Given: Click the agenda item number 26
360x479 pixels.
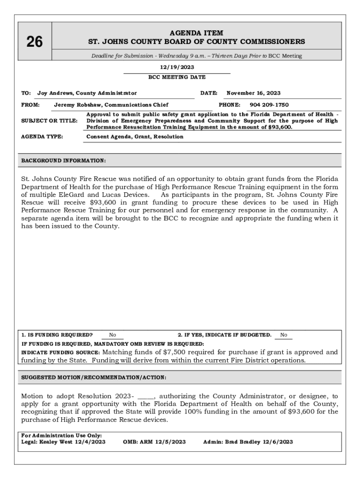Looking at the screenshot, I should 34,43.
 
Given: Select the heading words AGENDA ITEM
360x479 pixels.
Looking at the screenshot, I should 196,33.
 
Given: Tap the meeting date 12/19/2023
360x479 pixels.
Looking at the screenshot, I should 177,67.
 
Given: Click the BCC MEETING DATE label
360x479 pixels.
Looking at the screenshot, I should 177,77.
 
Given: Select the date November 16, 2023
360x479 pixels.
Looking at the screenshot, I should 253,94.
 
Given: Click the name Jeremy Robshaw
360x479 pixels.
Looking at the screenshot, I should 78,105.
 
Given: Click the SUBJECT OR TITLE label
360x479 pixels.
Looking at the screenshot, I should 50,121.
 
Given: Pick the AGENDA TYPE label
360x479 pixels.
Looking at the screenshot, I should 42,137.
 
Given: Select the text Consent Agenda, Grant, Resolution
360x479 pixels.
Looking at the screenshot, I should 135,137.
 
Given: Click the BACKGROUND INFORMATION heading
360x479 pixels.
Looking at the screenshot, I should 64,161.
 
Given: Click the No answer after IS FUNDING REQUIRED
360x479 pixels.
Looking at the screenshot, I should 113,335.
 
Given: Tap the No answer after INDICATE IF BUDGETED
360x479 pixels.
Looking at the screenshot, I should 283,335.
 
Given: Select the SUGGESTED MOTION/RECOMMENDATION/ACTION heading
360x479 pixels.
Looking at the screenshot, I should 94,377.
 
